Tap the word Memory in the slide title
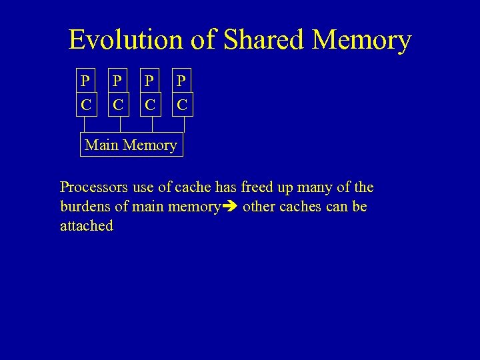point(362,40)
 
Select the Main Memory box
point(131,145)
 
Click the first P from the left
point(85,81)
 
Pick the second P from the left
point(117,81)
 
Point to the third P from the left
point(150,81)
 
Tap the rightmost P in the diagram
point(181,81)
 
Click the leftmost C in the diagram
point(85,105)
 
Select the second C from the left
point(117,105)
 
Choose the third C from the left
point(150,105)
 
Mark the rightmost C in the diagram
point(182,105)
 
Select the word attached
point(87,226)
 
